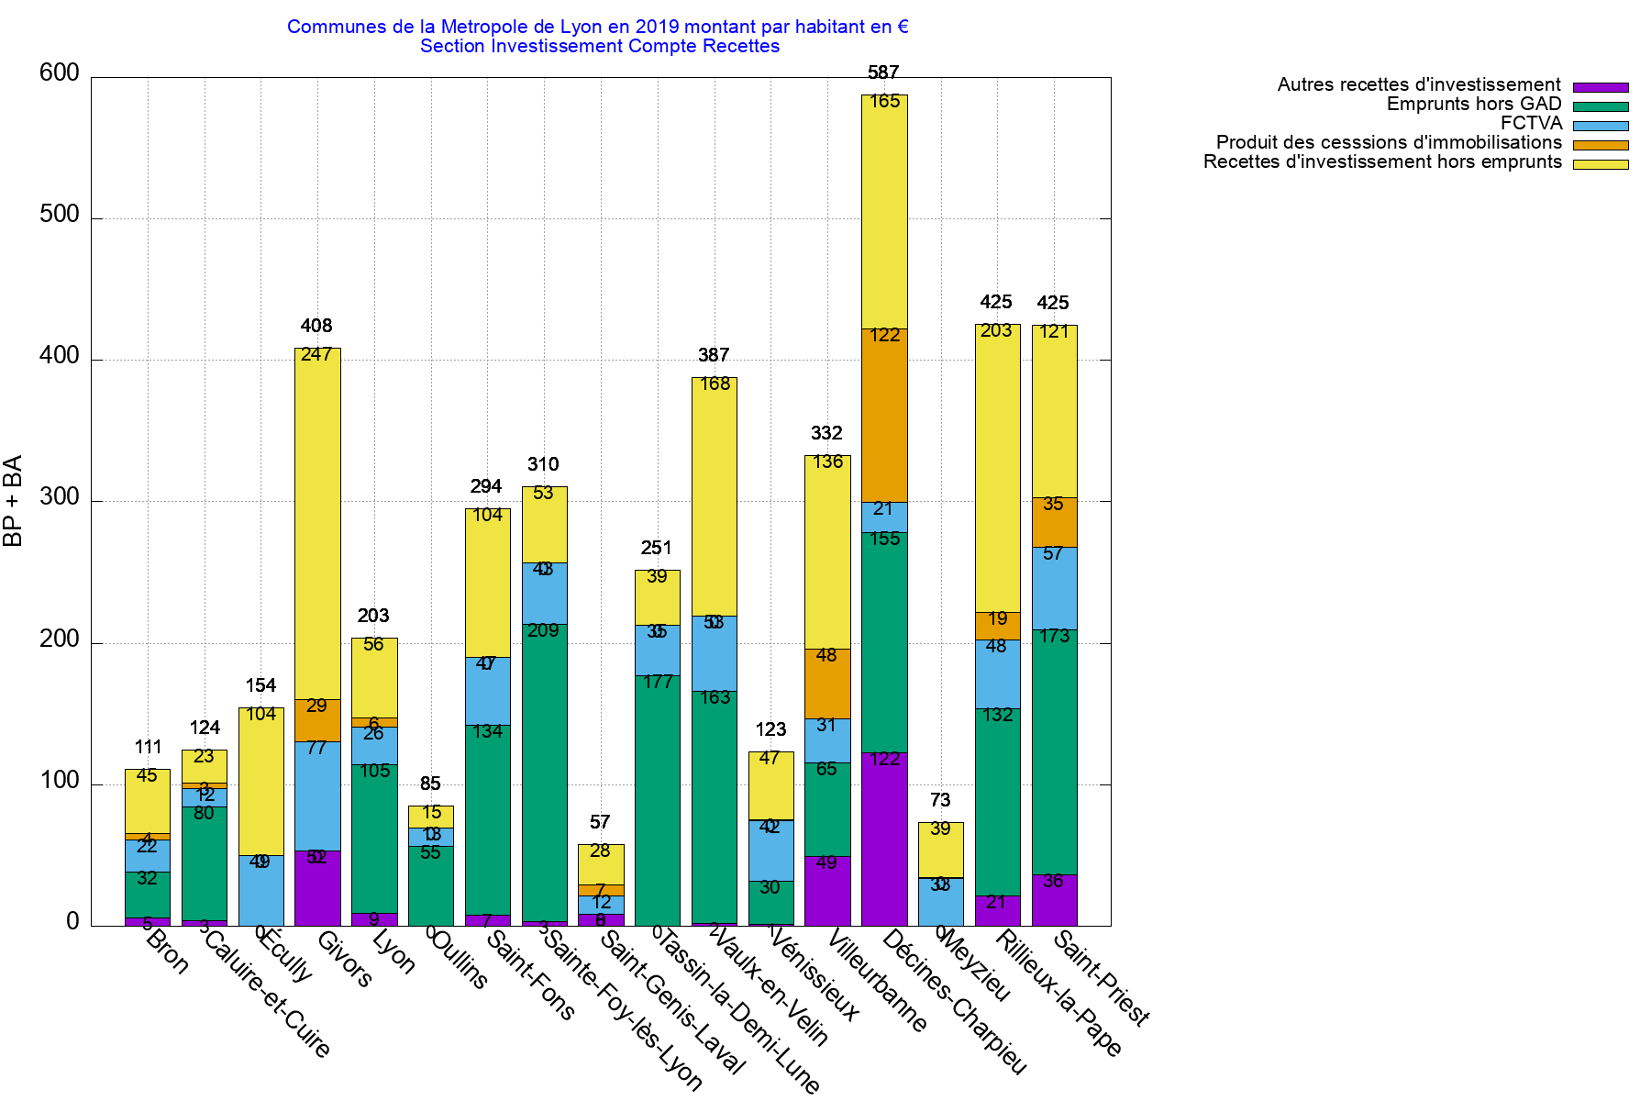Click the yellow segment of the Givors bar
pyautogui.click(x=317, y=523)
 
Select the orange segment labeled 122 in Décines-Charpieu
pyautogui.click(x=884, y=416)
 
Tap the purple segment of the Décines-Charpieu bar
pyautogui.click(x=884, y=839)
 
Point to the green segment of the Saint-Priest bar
pyautogui.click(x=1055, y=752)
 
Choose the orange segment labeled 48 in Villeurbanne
pyautogui.click(x=827, y=684)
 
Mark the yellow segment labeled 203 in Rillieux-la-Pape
pyautogui.click(x=998, y=468)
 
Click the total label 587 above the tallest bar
pyautogui.click(x=883, y=72)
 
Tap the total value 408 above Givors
pyautogui.click(x=316, y=326)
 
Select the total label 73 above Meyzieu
pyautogui.click(x=940, y=800)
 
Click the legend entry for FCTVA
pyautogui.click(x=1531, y=124)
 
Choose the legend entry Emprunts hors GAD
pyautogui.click(x=1473, y=105)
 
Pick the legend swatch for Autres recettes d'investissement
pyautogui.click(x=1601, y=87)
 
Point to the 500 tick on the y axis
pyautogui.click(x=60, y=215)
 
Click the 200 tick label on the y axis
pyautogui.click(x=60, y=639)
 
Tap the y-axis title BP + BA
pyautogui.click(x=13, y=501)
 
